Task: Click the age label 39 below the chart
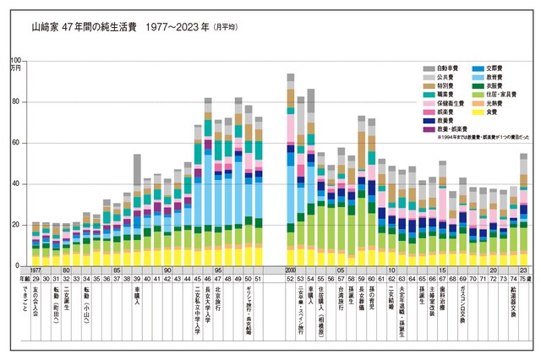[x=137, y=277]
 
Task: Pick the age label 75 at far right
[x=524, y=277]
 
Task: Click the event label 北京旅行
[x=218, y=300]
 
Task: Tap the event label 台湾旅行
[x=341, y=300]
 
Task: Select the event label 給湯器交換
[x=514, y=303]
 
